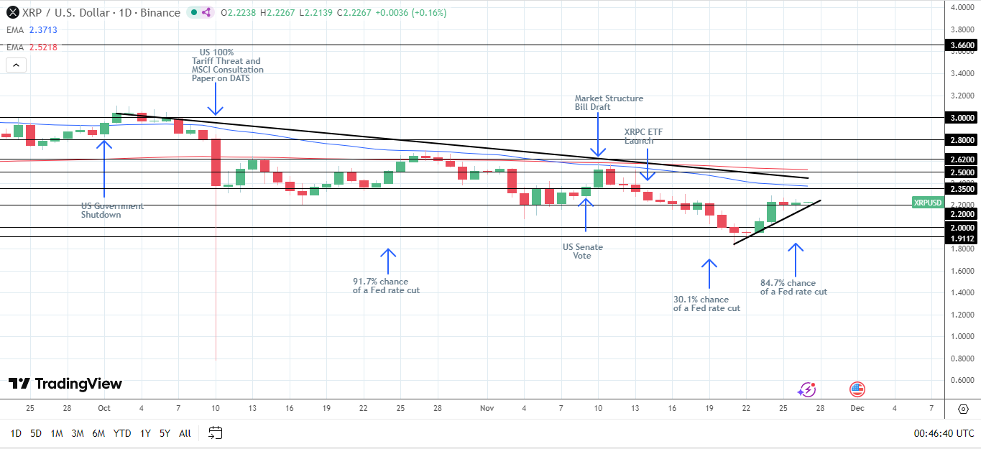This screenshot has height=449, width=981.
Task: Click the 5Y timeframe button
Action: click(165, 433)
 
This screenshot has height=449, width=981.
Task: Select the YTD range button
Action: click(122, 433)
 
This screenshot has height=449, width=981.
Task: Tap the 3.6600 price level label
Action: click(962, 45)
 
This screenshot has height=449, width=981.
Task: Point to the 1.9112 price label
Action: click(962, 239)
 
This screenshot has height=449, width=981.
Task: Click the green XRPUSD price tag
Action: click(927, 203)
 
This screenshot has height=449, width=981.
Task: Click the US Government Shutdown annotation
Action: click(112, 210)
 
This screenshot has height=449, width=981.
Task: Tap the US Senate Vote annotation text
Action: click(583, 251)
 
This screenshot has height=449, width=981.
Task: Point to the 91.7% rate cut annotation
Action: click(386, 286)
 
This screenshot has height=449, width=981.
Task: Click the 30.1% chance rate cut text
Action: click(706, 304)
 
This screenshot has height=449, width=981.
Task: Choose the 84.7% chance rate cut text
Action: click(793, 287)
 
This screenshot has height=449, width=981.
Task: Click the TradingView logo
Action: click(65, 384)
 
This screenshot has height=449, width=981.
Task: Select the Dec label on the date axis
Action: click(857, 408)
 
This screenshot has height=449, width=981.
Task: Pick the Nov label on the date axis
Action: click(487, 408)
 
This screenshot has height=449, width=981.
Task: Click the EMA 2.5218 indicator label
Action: click(34, 47)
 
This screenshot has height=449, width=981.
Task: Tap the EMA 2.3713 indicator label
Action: click(34, 30)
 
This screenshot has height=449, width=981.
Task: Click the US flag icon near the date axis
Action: click(857, 389)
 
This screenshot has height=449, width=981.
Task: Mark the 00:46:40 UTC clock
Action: click(944, 433)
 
